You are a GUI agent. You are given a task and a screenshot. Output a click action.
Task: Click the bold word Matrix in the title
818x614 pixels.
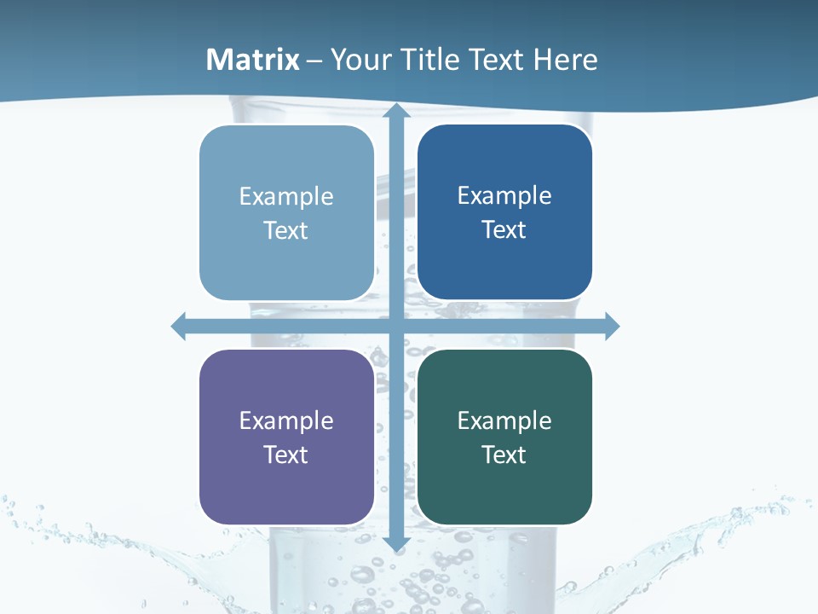[x=253, y=60]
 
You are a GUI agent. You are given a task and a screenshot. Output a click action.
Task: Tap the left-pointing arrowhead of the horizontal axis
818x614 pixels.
[x=179, y=326]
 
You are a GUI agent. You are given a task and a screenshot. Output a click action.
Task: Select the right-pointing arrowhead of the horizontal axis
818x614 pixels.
[x=611, y=326]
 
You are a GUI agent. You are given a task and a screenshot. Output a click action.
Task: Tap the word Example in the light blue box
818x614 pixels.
[x=286, y=196]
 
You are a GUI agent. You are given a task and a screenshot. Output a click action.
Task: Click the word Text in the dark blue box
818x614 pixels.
[x=504, y=229]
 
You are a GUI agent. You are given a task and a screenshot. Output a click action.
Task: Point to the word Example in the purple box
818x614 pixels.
[x=286, y=420]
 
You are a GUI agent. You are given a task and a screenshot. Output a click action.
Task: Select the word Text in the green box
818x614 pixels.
[x=504, y=455]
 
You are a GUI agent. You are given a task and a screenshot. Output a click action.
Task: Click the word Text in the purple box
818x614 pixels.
[x=286, y=455]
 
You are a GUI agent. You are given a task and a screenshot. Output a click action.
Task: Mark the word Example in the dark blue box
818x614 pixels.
[x=504, y=195]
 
